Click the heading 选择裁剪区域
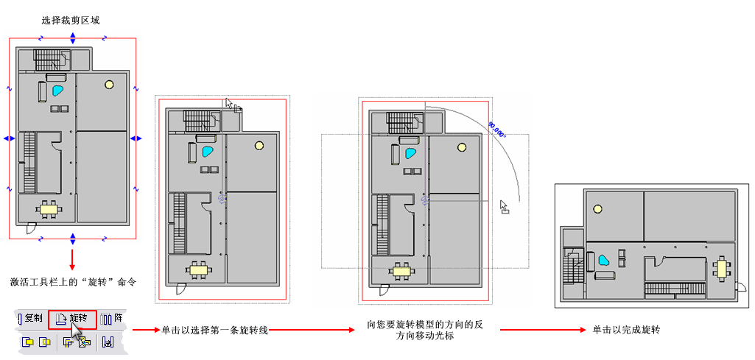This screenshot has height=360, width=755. coord(71,21)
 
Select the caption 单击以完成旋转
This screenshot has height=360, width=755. coord(626,330)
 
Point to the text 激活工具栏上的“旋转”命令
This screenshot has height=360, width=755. coord(74,282)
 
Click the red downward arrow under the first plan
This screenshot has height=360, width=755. coord(72,259)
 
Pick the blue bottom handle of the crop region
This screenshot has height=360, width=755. coord(73,238)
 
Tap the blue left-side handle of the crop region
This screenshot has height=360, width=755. coord(9,138)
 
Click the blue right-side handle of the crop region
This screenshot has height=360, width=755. coord(136,138)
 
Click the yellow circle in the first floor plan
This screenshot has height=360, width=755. coord(109,85)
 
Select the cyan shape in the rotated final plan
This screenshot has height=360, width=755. coord(603,261)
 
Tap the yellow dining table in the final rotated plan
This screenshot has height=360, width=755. coord(723,269)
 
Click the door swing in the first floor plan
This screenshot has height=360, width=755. coord(31,227)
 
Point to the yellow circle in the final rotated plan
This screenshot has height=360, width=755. coord(598,208)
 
